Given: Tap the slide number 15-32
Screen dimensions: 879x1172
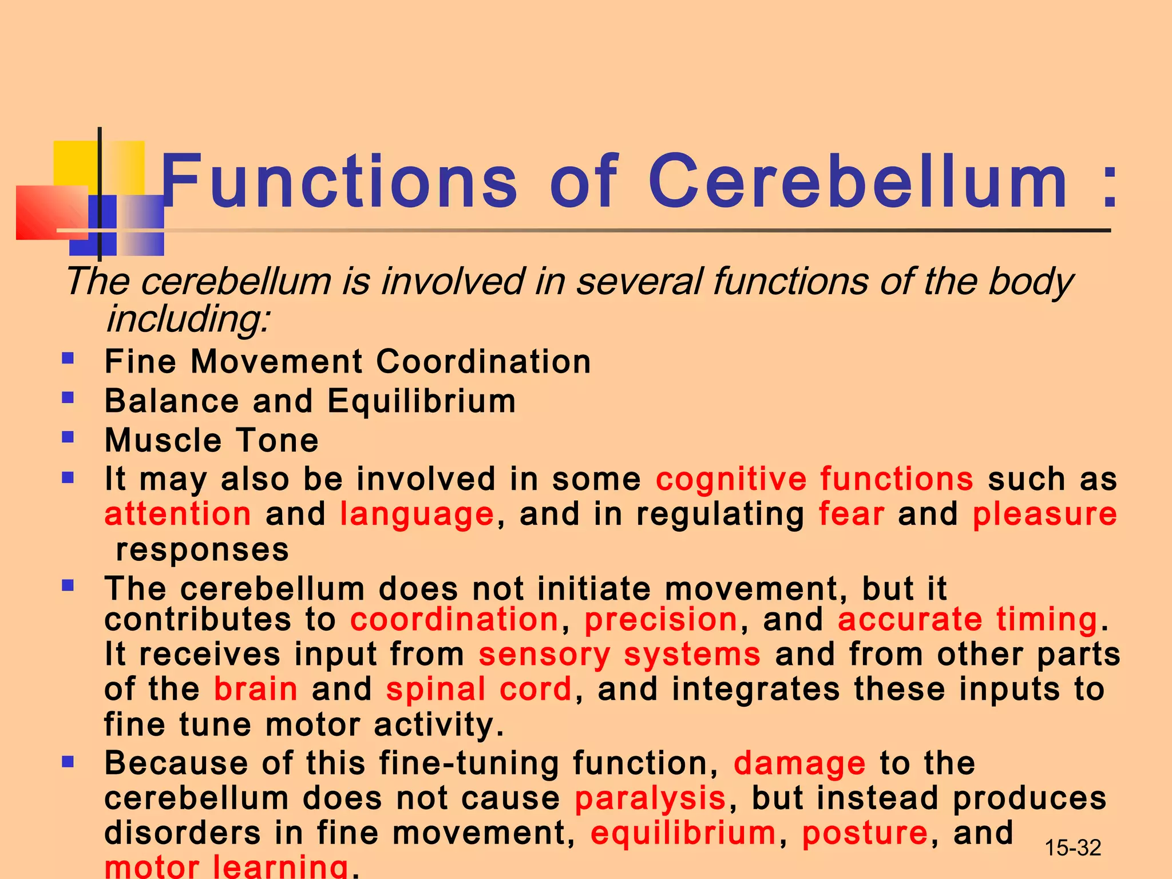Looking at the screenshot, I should click(x=1072, y=848).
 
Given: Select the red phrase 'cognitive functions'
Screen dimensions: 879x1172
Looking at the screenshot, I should click(x=814, y=479).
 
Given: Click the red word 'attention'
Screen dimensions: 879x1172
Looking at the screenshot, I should click(x=177, y=514).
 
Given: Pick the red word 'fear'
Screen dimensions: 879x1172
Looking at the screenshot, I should click(x=851, y=514).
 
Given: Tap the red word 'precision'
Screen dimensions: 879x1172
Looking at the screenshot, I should click(x=661, y=620).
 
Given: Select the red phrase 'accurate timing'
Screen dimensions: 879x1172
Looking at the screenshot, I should click(x=968, y=620).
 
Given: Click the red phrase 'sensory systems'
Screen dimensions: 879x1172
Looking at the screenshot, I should click(x=620, y=655).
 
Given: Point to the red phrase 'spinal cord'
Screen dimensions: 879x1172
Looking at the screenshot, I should click(x=479, y=689).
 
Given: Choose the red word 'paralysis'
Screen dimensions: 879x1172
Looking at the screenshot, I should click(x=651, y=799).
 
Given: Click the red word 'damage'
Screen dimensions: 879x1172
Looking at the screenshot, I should click(x=799, y=764).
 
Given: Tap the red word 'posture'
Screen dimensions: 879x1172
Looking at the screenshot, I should click(x=865, y=834).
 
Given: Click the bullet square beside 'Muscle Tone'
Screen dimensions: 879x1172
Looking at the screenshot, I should click(x=68, y=438).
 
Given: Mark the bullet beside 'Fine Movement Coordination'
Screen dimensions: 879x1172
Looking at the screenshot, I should click(x=68, y=359).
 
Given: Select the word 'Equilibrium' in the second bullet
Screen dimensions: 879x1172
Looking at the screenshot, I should click(x=422, y=401).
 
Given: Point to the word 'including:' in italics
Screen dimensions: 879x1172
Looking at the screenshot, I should click(x=188, y=319).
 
